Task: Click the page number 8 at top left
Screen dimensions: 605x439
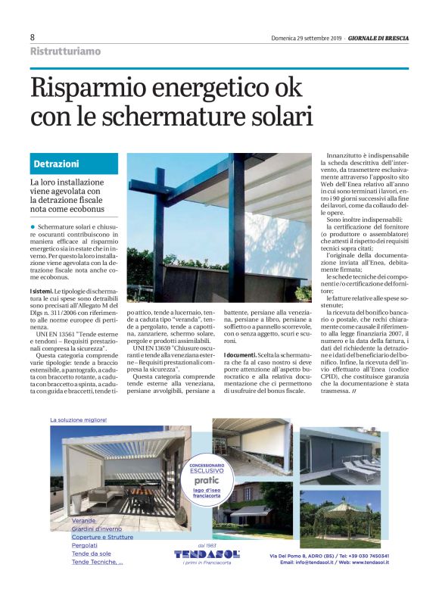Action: point(33,37)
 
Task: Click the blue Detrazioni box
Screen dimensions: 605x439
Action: point(76,164)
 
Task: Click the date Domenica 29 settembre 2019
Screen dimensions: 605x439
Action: point(306,38)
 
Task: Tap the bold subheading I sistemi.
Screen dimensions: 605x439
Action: point(41,291)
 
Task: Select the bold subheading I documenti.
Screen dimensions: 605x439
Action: point(241,355)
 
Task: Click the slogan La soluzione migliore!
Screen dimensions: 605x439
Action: point(78,419)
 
